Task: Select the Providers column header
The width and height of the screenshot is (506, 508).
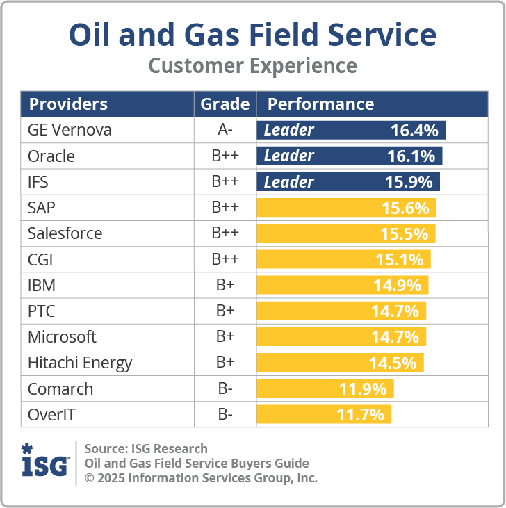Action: pos(67,104)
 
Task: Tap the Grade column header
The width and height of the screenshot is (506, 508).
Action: pos(225,104)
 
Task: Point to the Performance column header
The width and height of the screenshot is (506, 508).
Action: pos(320,104)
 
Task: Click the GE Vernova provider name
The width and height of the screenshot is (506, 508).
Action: pos(70,130)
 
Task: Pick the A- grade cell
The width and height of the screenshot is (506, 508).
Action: pos(225,130)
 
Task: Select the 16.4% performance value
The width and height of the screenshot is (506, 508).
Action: pos(414,130)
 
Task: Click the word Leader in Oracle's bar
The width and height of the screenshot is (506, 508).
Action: pos(289,156)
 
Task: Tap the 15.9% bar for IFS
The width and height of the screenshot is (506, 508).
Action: pos(348,182)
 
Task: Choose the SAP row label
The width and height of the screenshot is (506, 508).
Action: pos(42,208)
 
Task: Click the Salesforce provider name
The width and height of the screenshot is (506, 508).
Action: pos(65,233)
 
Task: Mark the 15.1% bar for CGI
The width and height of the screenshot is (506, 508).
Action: pos(343,260)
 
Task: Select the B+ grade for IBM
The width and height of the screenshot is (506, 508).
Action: pos(225,286)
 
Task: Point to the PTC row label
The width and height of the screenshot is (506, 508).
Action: pos(42,311)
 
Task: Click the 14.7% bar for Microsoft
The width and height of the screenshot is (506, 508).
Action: pos(341,337)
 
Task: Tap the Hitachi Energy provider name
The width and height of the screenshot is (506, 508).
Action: pos(79,363)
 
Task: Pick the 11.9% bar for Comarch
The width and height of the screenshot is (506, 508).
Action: pos(325,388)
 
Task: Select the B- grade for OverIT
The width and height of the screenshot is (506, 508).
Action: pos(225,415)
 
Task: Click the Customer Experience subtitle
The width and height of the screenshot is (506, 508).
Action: pos(253,66)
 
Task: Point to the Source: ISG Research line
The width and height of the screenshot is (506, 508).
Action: pos(146,448)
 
